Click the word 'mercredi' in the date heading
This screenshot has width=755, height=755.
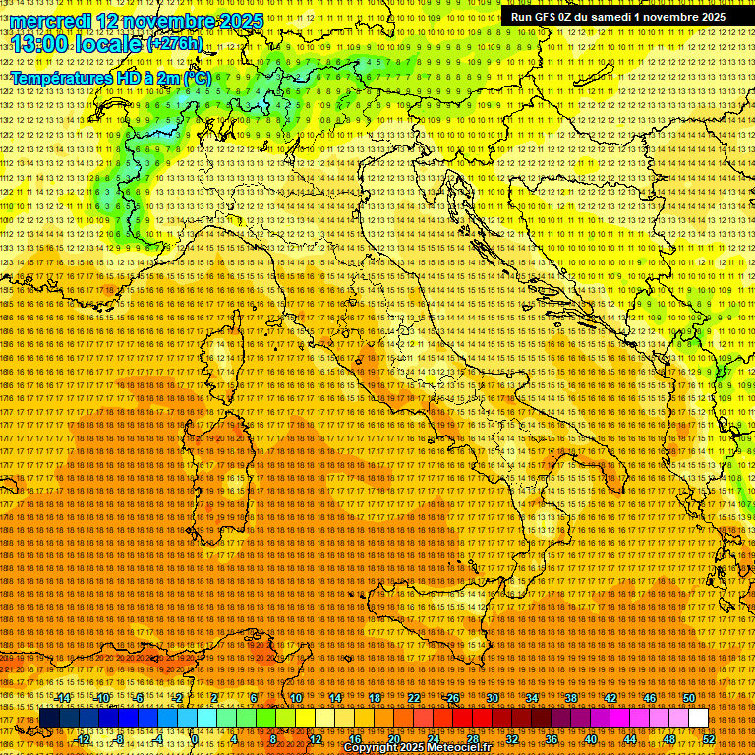(x=49, y=20)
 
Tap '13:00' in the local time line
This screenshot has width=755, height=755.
(x=39, y=43)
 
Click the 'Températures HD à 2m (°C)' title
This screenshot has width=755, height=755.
(x=109, y=77)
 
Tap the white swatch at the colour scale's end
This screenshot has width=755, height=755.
(x=698, y=719)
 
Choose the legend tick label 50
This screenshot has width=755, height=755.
(x=689, y=698)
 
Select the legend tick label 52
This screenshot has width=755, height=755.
(x=708, y=738)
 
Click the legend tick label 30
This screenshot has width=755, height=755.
(x=493, y=698)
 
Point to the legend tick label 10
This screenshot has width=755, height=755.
(x=295, y=698)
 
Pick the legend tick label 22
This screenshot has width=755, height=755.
(x=414, y=698)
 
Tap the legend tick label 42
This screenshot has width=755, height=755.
(x=610, y=698)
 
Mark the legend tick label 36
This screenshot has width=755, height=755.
(x=551, y=738)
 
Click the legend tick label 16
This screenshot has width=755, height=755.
(x=354, y=738)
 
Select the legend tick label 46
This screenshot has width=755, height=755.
(x=650, y=698)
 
